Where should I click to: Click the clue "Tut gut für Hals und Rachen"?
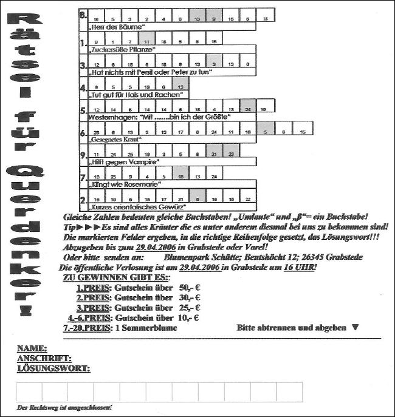click(136, 95)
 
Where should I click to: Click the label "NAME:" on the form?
click(32, 348)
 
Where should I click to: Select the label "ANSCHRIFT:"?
click(44, 358)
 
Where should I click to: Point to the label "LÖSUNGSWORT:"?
click(53, 368)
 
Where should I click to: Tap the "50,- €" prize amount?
click(190, 288)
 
